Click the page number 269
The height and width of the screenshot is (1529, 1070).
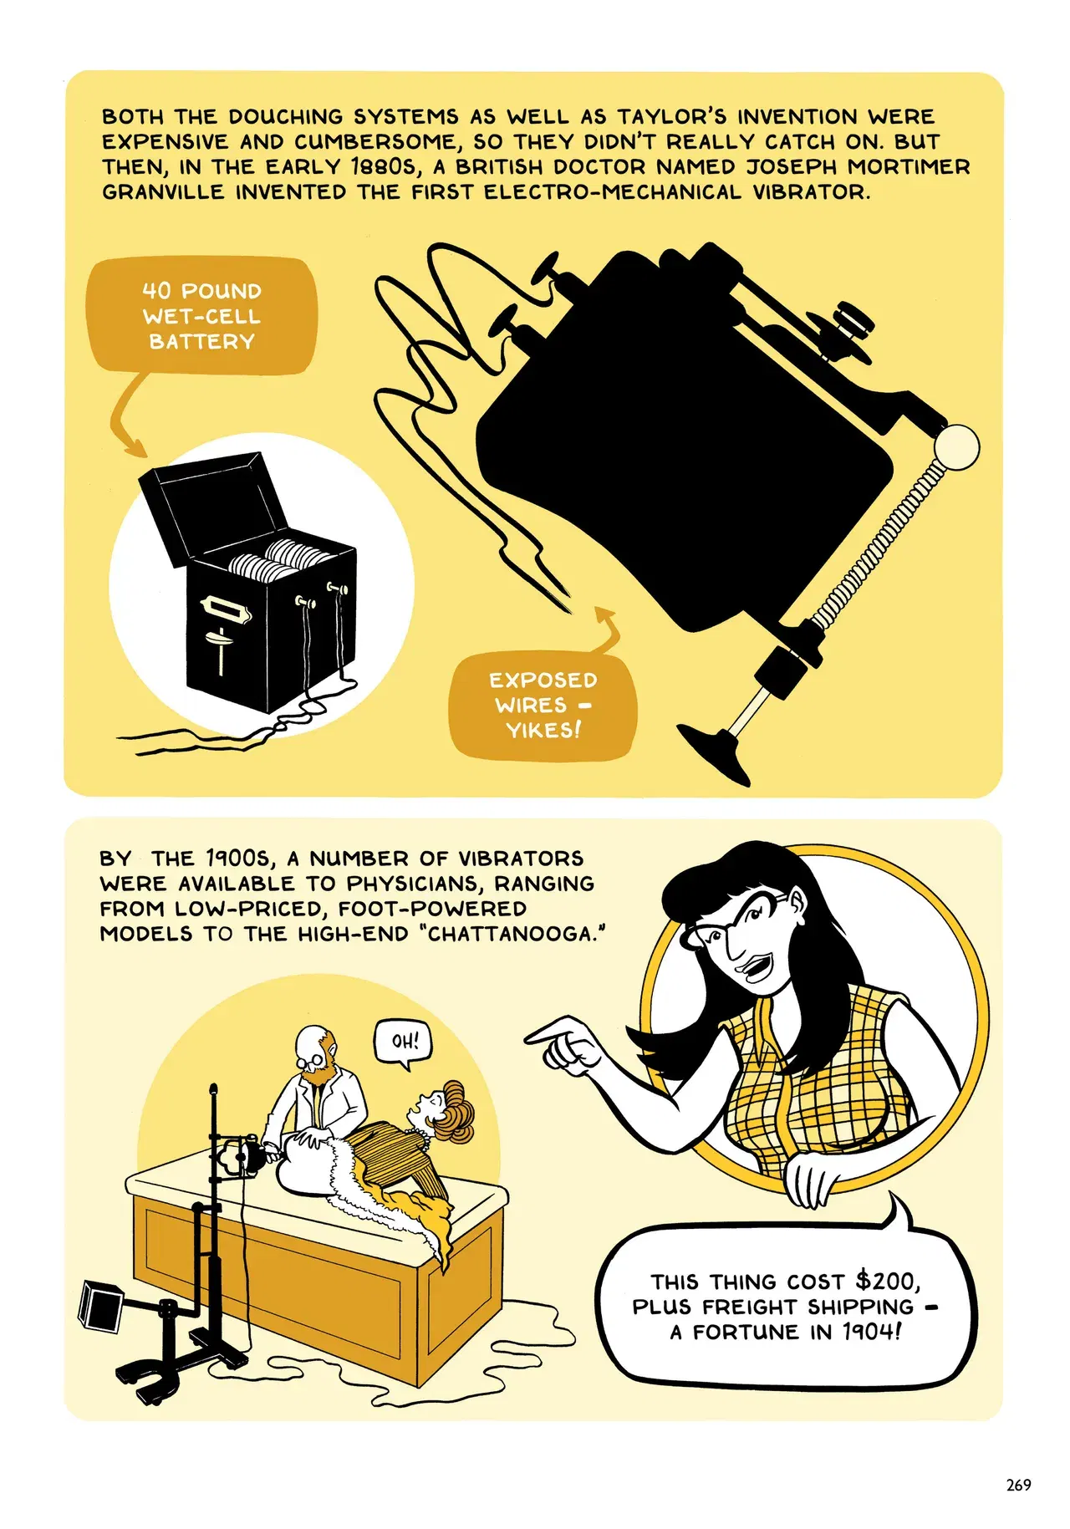pos(1019,1485)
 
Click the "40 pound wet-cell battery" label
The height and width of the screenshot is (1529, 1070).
pos(201,316)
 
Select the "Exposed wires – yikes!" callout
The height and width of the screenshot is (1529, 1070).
pos(543,705)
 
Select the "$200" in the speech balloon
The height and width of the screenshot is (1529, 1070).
pos(887,1281)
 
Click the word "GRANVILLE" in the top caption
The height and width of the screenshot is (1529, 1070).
pos(163,191)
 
